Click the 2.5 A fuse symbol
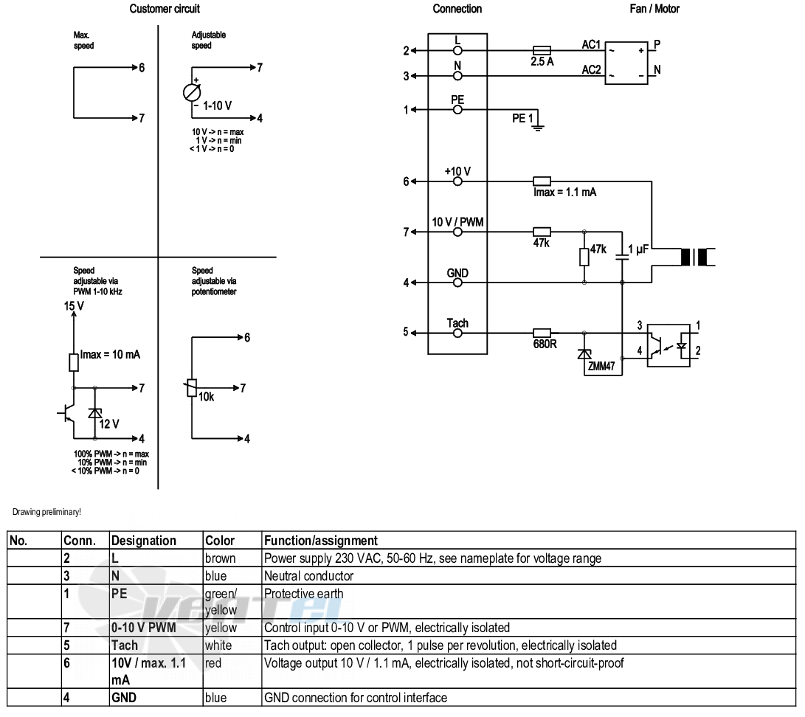542,50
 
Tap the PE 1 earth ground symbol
537,125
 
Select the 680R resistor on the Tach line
542,333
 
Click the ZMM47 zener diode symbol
584,353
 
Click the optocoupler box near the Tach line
668,345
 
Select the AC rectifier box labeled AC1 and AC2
626,63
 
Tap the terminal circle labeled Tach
457,333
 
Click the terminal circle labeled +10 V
457,181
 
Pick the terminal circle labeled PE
457,109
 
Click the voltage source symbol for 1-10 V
192,93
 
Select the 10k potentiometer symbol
192,388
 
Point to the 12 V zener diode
95,413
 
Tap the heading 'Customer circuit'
165,9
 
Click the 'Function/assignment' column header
321,541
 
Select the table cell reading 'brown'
220,558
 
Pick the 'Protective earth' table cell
303,594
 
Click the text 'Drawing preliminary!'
46,512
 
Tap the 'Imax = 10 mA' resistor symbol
74,362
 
